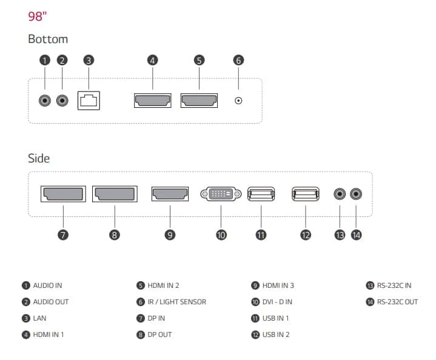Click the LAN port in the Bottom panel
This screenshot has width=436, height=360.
89,101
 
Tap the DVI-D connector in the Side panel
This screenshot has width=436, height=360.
221,194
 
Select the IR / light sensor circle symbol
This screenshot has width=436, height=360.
238,101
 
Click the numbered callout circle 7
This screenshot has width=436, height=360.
63,235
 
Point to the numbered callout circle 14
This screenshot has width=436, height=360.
356,235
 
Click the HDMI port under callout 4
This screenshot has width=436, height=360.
152,101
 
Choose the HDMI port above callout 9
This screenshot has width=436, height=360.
170,194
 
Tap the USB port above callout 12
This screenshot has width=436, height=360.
305,194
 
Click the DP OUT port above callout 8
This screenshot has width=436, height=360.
115,194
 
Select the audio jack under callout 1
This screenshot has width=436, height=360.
45,101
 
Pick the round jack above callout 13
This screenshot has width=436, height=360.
340,194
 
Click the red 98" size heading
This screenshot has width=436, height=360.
37,16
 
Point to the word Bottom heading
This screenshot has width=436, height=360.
48,39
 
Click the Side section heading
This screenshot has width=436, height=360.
39,158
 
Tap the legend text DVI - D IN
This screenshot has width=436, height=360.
277,302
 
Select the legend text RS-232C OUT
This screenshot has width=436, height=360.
397,302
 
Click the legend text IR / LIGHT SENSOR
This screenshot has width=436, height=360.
177,302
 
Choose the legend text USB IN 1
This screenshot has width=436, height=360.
275,318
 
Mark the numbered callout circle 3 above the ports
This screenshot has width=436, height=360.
89,61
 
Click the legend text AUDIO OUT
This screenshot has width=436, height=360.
51,302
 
